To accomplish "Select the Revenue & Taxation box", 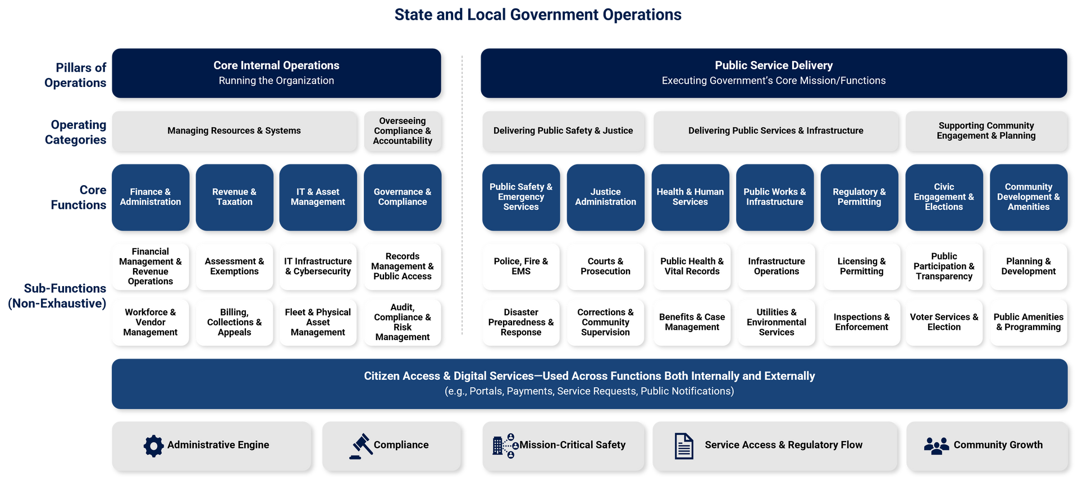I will [234, 197].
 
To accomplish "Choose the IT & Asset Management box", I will [318, 197].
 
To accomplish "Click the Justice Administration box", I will [605, 197].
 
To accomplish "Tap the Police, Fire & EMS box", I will [520, 266].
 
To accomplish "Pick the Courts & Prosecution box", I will [605, 266].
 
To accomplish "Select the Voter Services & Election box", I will [944, 322].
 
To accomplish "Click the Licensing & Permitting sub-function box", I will [861, 266].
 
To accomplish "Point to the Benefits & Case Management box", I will [692, 322].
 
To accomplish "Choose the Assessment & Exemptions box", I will [234, 266].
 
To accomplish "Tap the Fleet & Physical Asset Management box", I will [318, 322].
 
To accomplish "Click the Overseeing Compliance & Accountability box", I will [403, 131].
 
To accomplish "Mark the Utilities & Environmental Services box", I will [776, 322].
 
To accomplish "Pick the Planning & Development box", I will [1028, 266].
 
